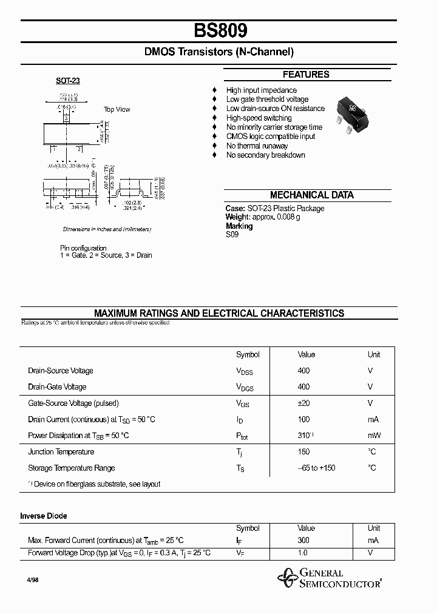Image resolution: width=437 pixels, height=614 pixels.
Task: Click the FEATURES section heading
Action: click(306, 75)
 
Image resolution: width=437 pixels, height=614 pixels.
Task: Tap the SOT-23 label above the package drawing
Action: click(67, 81)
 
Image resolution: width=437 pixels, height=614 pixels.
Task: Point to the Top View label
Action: click(117, 109)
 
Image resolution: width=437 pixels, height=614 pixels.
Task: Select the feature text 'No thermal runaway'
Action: click(257, 146)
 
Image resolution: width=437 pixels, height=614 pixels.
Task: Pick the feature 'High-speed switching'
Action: click(259, 118)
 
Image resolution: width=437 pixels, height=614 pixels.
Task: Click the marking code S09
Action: click(232, 235)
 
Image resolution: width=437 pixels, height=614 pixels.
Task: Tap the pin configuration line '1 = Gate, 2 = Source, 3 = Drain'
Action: click(106, 255)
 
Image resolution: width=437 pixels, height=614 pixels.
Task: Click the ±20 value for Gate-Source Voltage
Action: click(303, 403)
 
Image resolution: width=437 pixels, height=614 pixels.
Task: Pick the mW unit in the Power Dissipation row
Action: click(374, 436)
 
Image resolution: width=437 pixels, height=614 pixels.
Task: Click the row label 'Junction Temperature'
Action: click(61, 452)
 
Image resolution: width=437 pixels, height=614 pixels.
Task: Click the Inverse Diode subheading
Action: click(44, 516)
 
